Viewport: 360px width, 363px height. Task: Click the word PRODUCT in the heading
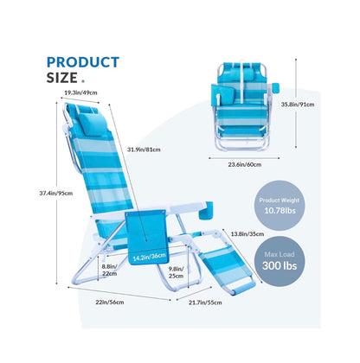[83, 62]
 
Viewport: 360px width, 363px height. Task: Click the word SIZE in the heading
[62, 78]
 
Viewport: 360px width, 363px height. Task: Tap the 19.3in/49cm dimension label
[80, 92]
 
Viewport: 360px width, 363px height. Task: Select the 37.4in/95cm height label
[56, 194]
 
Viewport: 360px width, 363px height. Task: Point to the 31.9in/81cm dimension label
[144, 150]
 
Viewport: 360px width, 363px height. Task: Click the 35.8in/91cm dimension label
[298, 105]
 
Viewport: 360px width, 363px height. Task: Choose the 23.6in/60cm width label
[245, 165]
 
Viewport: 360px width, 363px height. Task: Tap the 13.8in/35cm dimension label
[247, 234]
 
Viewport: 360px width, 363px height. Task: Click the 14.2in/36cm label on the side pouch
[150, 257]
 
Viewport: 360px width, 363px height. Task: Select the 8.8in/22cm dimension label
[110, 270]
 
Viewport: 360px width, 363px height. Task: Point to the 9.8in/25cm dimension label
[176, 272]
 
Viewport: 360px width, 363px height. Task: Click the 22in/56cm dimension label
[110, 302]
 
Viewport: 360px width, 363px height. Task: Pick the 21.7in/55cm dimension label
[205, 302]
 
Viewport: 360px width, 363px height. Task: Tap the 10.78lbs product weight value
[280, 211]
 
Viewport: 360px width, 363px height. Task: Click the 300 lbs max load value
[280, 265]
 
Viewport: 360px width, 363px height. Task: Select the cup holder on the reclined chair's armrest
[206, 212]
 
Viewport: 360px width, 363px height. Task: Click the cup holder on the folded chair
[275, 88]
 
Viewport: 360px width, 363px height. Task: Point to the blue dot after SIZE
[83, 81]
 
